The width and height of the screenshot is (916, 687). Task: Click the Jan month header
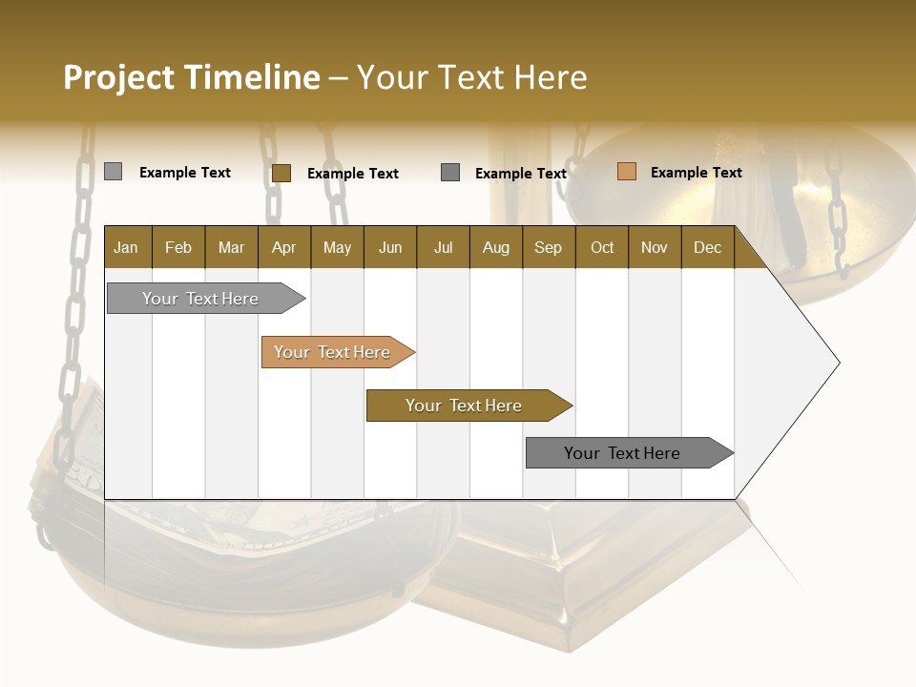(126, 248)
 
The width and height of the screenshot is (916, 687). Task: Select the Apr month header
(283, 248)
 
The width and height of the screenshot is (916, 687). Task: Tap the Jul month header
(443, 248)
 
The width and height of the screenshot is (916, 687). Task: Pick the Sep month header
(548, 248)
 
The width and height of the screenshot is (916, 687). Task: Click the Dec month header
(707, 248)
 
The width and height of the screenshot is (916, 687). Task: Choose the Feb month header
(178, 248)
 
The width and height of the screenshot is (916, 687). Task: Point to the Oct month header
(602, 248)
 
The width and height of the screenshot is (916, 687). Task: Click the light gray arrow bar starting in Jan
(201, 299)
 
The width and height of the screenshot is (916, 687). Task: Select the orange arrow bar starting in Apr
(333, 352)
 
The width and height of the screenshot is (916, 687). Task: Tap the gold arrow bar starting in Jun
(464, 406)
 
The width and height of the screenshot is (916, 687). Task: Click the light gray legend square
(113, 172)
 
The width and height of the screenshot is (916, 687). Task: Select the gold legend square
(281, 173)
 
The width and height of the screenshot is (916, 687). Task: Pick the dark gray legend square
(450, 172)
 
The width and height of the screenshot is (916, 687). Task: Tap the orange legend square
(626, 172)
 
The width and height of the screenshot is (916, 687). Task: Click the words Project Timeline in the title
(192, 77)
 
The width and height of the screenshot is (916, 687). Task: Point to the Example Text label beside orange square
(696, 173)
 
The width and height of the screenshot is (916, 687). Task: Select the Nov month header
(655, 248)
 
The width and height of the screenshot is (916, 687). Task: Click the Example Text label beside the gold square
(352, 174)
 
